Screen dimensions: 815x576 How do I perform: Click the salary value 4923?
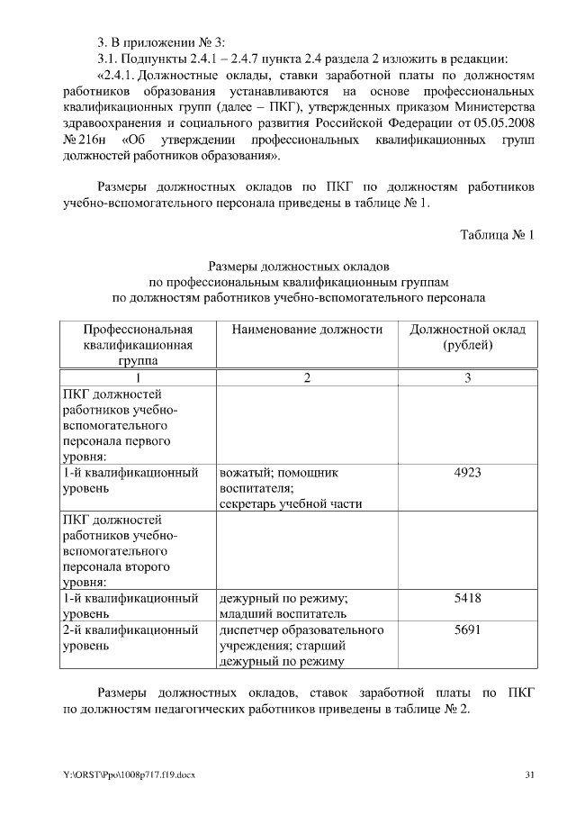click(467, 471)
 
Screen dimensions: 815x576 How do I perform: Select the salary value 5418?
click(467, 598)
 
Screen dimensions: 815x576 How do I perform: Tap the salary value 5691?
click(467, 630)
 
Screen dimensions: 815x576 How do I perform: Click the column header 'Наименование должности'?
click(307, 330)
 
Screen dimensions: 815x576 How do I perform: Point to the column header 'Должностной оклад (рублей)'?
click(467, 338)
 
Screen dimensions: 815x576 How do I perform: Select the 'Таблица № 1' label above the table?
click(497, 236)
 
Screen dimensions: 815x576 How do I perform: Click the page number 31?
click(530, 775)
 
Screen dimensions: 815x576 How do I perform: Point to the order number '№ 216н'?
click(83, 140)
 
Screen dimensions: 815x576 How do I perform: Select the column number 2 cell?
click(307, 378)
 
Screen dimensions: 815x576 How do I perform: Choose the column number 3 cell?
click(467, 378)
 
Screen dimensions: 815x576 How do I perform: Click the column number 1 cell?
click(138, 378)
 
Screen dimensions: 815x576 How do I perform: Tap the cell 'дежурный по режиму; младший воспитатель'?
click(285, 606)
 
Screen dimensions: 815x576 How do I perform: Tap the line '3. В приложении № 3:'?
click(161, 41)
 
